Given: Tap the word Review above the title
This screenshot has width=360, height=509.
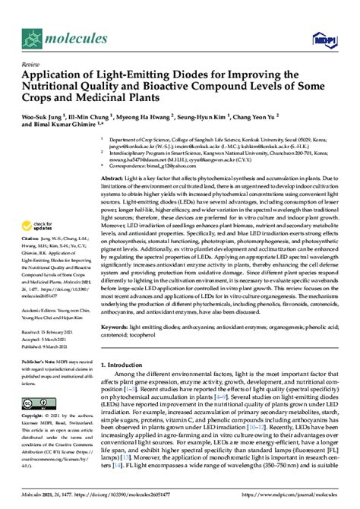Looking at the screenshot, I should [x=33, y=65].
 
